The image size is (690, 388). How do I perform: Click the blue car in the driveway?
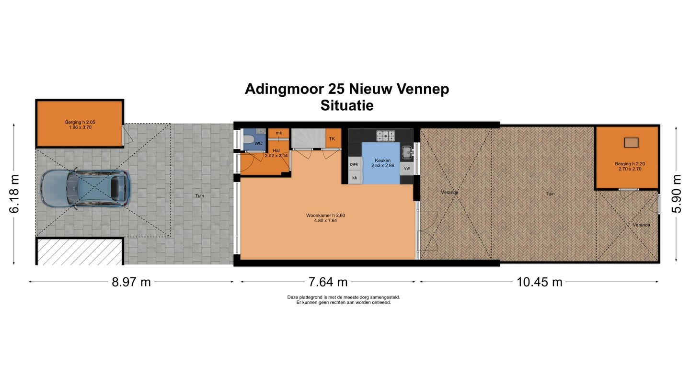(85, 188)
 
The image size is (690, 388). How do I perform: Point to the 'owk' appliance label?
(354, 164)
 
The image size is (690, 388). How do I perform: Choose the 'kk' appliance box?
(355, 178)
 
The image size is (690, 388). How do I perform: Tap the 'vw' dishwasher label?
(407, 169)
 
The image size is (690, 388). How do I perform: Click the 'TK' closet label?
(332, 138)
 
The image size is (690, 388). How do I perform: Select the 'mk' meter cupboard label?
(278, 133)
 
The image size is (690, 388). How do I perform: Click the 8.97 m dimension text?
(131, 282)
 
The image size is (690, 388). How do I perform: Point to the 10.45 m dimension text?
(539, 282)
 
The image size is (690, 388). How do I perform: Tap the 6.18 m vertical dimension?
(15, 194)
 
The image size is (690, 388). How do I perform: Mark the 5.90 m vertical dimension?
(677, 194)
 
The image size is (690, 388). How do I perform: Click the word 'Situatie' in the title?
(347, 105)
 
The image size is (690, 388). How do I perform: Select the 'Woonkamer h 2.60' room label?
(325, 216)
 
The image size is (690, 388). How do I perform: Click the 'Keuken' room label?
(382, 160)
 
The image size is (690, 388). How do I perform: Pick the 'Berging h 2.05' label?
(80, 122)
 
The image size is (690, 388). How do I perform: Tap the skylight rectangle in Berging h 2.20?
(632, 142)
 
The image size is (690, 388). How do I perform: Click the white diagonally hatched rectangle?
(80, 252)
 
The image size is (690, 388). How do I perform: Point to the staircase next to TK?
(308, 138)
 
